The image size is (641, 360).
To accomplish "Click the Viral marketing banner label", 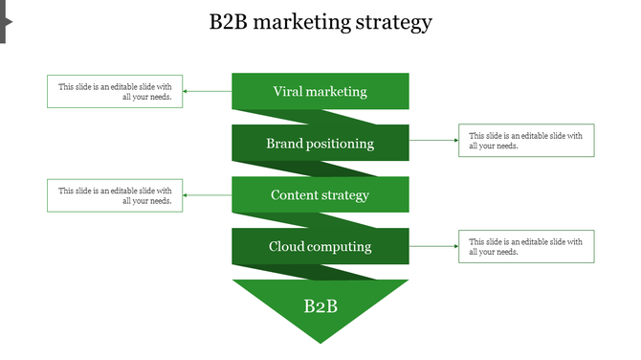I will click(x=320, y=92).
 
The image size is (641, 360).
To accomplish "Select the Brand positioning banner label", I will click(x=320, y=144).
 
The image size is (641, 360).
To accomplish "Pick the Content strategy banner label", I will click(x=320, y=195).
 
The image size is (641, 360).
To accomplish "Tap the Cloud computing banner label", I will click(x=320, y=247).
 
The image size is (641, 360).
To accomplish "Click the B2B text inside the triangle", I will click(x=320, y=306).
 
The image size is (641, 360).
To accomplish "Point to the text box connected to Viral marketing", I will click(x=115, y=92).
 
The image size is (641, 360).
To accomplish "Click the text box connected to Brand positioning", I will click(x=526, y=141).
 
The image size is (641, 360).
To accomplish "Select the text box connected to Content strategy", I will click(x=115, y=195).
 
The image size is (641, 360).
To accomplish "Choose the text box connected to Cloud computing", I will click(x=526, y=246).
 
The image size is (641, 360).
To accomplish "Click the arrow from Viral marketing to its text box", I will click(x=207, y=92).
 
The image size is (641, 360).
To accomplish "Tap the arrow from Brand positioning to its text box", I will click(x=433, y=141).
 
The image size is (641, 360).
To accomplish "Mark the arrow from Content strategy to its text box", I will click(x=207, y=195).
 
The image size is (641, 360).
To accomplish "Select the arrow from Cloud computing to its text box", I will click(x=433, y=246).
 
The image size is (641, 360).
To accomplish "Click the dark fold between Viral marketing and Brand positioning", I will click(x=287, y=117).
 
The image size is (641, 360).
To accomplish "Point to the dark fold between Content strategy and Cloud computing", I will click(x=287, y=220).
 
